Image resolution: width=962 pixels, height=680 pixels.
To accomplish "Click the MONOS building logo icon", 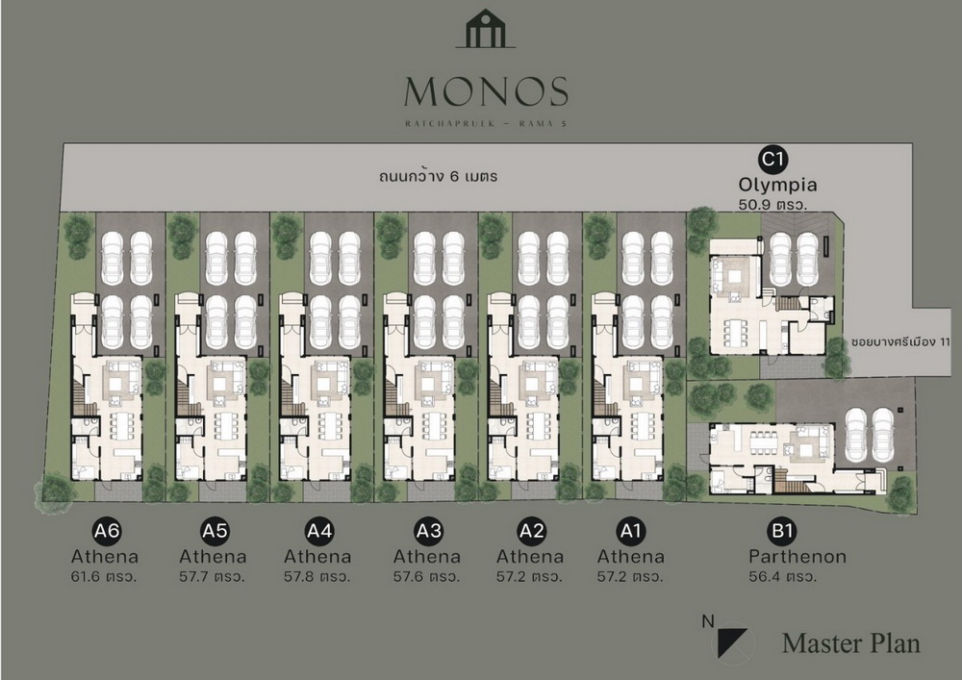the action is tap(485, 28).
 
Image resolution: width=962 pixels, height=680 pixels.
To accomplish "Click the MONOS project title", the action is tap(486, 91).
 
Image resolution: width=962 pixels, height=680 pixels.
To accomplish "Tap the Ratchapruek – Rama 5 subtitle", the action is tap(486, 123).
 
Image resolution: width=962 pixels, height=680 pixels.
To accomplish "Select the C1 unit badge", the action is tap(772, 159).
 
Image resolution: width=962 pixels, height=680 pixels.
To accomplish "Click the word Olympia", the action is tap(777, 185).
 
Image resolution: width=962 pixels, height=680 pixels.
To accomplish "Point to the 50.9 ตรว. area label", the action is tap(772, 204).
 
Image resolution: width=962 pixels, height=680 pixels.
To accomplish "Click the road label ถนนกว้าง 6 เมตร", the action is tap(438, 177).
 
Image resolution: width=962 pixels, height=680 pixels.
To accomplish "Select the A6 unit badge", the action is tap(106, 530).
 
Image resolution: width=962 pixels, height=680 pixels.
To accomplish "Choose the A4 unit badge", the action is tap(319, 530).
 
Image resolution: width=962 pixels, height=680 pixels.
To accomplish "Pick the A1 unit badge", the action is tap(630, 530).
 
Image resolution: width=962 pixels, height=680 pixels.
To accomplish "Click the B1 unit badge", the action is tap(782, 530).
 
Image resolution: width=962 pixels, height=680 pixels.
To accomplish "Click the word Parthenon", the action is tap(797, 557).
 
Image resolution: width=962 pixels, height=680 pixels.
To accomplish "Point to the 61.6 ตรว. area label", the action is tap(104, 577).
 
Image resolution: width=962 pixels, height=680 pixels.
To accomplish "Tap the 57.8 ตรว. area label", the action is tap(317, 577).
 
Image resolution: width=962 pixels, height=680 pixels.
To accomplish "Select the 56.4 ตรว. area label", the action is tap(782, 577).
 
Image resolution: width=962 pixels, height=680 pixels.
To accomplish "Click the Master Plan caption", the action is tap(851, 643).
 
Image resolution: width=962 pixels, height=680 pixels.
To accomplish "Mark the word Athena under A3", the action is tap(426, 557).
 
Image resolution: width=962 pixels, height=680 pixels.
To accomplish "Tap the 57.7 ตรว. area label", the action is tap(213, 577).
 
